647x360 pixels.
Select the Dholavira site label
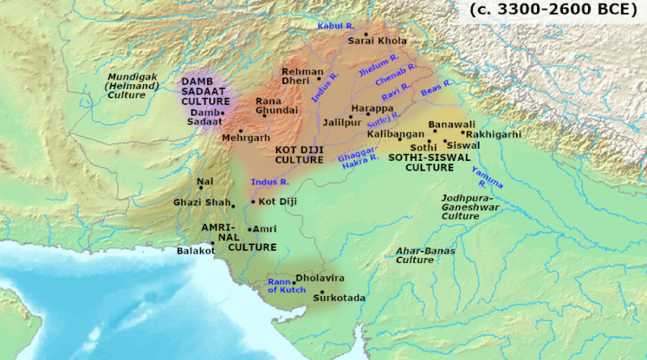tap(322, 277)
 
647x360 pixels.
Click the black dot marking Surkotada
tap(322, 292)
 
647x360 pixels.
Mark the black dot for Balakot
tap(213, 242)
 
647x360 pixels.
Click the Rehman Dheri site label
tap(301, 77)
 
